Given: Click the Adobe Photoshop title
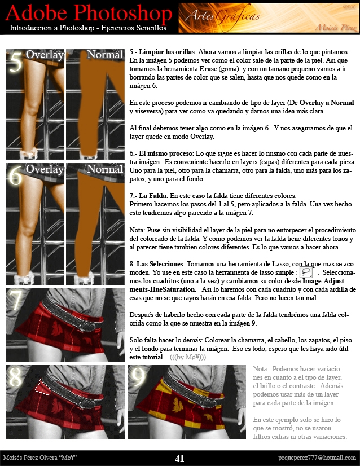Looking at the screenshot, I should point(90,14).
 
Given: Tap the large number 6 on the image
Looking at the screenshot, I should point(16,176).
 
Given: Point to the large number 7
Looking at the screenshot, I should point(16,300).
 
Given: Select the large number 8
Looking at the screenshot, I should point(16,377).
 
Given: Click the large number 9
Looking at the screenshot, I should point(138,377).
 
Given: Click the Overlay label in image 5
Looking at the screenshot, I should point(45,55).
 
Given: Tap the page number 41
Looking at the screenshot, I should point(179,459).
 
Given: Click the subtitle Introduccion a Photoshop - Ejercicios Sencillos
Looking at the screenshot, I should point(88,28).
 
